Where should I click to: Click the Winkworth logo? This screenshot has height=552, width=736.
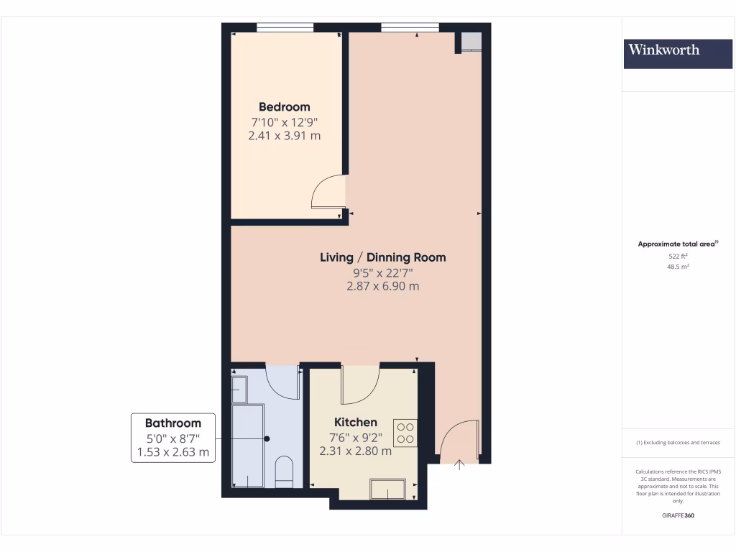click(x=663, y=50)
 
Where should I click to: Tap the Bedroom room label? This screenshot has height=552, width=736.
click(x=285, y=107)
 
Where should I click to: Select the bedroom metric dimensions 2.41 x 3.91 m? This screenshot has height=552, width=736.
click(x=285, y=134)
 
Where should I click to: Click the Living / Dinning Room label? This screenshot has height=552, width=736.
click(x=382, y=257)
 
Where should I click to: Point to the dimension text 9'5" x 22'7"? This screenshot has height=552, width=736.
click(x=382, y=272)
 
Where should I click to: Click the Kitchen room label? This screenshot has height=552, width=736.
click(x=356, y=422)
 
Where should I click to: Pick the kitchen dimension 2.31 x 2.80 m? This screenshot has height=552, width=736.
click(x=356, y=451)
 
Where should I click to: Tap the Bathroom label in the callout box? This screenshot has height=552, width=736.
click(x=172, y=423)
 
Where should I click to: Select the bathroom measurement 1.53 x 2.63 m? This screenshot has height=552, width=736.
click(x=172, y=452)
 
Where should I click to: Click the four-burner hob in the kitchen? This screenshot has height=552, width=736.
click(x=405, y=432)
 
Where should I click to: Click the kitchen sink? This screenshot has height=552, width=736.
click(x=388, y=489)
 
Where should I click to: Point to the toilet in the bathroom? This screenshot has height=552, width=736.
click(x=285, y=471)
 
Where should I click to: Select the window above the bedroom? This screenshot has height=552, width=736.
click(x=285, y=28)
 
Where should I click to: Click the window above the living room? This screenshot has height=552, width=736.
click(x=410, y=28)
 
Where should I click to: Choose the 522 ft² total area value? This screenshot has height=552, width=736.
click(x=678, y=256)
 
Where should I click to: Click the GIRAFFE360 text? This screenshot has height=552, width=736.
click(x=678, y=515)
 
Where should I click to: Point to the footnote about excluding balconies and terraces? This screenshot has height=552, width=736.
click(x=678, y=443)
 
